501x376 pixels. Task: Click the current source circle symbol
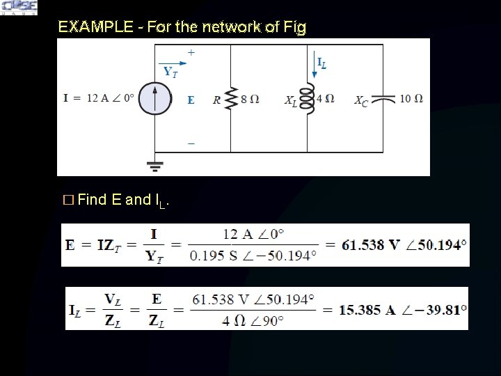click(x=154, y=98)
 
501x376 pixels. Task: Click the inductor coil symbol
click(x=307, y=98)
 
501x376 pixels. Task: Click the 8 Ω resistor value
click(x=250, y=99)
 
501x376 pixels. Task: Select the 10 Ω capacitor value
click(x=411, y=98)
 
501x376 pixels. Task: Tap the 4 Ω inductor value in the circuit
click(x=325, y=98)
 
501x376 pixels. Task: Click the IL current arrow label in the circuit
click(x=321, y=63)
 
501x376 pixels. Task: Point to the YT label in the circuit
click(x=170, y=72)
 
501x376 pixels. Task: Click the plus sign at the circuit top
click(x=191, y=52)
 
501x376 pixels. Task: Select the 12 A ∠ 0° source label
click(x=110, y=98)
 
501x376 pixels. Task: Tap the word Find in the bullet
click(x=92, y=201)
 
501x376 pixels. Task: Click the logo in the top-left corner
click(x=19, y=8)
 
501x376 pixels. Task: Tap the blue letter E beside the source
click(x=191, y=100)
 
